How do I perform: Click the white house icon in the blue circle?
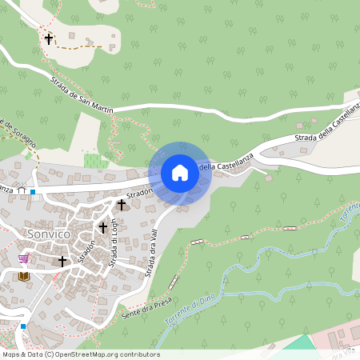[x=179, y=172]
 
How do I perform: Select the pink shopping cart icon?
[x=24, y=258]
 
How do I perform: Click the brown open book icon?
[x=24, y=276]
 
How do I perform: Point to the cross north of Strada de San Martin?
[x=49, y=38]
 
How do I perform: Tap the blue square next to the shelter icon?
[x=32, y=192]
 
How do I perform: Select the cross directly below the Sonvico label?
[x=62, y=261]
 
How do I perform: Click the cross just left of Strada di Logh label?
[x=102, y=228]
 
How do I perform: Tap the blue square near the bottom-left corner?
[x=23, y=326]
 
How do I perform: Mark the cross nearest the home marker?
[x=122, y=205]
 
